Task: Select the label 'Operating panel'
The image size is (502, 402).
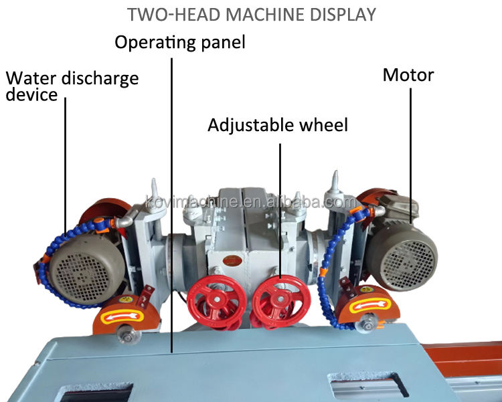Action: [x=180, y=43]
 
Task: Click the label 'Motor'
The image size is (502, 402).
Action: [x=408, y=74]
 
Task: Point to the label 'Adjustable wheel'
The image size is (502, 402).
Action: [x=278, y=125]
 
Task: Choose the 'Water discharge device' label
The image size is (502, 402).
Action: [x=72, y=86]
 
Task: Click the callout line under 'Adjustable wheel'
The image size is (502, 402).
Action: [x=280, y=201]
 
